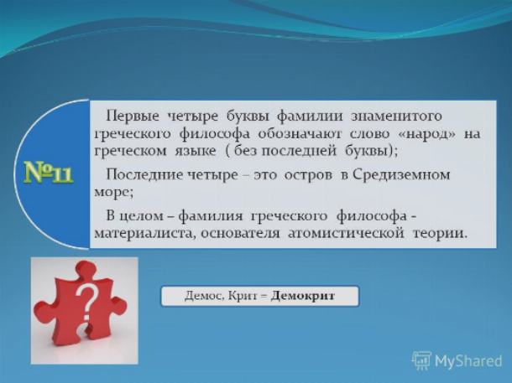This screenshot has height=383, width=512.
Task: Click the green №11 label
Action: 49,173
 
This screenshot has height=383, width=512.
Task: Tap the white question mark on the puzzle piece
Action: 86,301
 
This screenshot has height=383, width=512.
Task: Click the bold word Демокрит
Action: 303,296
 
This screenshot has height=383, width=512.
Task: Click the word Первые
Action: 133,116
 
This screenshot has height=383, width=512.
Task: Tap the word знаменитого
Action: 396,116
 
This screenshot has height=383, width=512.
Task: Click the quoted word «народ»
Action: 427,134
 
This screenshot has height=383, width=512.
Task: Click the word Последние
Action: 144,175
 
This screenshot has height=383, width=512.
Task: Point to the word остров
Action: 308,176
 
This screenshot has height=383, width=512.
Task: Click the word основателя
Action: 240,234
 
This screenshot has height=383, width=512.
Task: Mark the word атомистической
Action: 347,234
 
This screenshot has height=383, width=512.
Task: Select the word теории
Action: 438,234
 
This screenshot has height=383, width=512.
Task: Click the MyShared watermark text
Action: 468,361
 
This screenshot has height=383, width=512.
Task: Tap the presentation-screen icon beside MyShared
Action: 421,361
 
